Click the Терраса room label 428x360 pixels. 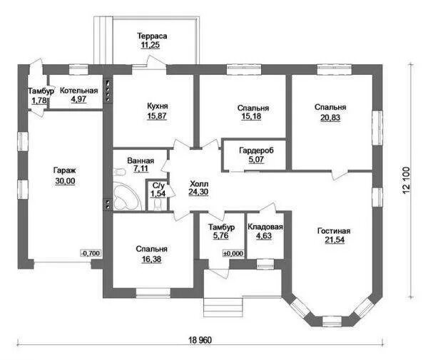[152, 36]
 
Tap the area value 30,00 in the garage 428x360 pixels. [65, 181]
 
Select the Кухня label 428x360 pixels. [158, 106]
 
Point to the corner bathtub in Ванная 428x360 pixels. [126, 196]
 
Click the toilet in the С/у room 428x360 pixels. [158, 205]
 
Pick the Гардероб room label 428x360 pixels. [256, 150]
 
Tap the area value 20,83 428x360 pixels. [330, 118]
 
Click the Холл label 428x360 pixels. [199, 183]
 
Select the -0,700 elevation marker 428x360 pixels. [91, 253]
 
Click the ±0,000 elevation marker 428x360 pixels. [233, 253]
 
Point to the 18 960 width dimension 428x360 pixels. [200, 340]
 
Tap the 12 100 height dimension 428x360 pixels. [406, 180]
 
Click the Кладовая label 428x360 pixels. [265, 227]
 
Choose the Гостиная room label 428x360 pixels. [334, 231]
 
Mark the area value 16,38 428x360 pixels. [151, 259]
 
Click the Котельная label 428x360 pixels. [79, 91]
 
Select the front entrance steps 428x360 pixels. [223, 307]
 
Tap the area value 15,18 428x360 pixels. [251, 116]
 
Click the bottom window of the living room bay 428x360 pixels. [332, 321]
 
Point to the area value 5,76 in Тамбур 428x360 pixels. [221, 236]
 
